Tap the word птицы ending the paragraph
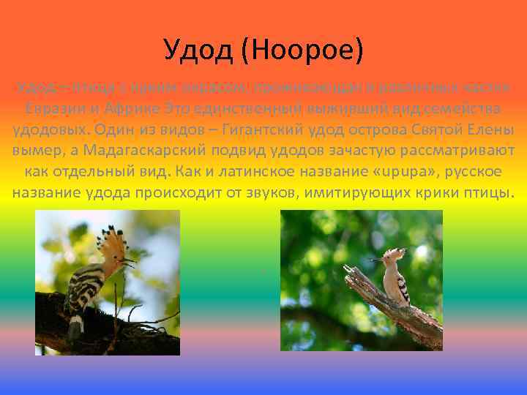(x=491, y=194)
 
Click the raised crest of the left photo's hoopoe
(x=114, y=241)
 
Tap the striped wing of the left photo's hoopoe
(x=81, y=293)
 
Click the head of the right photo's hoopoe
(x=392, y=258)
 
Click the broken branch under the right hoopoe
(x=395, y=307)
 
